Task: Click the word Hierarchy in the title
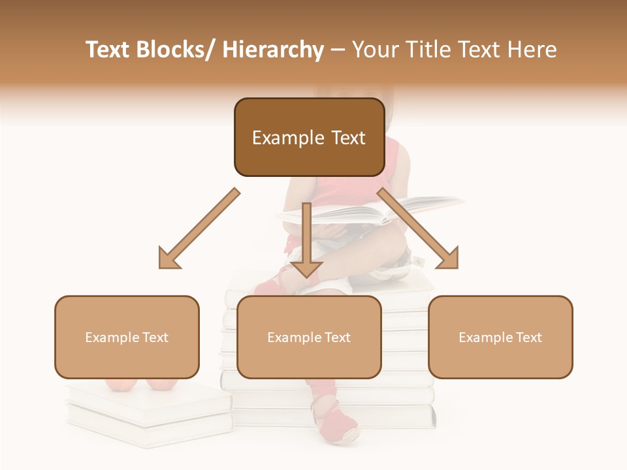tap(273, 50)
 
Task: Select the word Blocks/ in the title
tap(175, 50)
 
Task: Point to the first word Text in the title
tap(107, 50)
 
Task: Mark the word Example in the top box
tap(288, 138)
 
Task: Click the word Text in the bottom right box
tap(529, 337)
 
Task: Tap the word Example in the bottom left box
tap(112, 337)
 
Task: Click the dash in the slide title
tap(338, 51)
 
